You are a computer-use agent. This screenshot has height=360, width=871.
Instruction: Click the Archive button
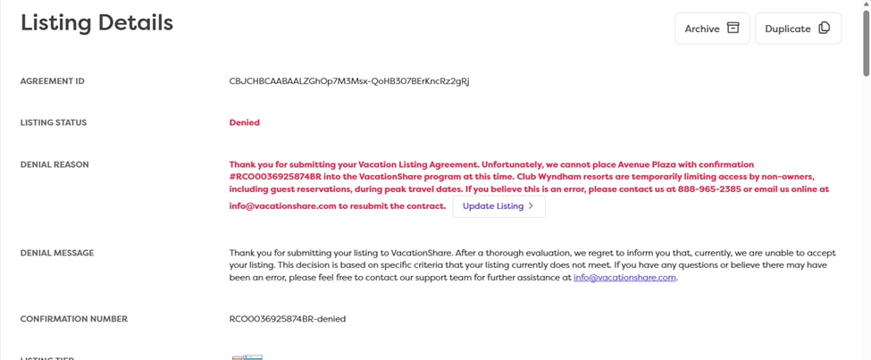click(x=711, y=29)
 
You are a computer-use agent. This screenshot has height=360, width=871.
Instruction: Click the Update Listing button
click(x=498, y=206)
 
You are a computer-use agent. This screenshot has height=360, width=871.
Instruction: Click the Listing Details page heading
click(x=96, y=23)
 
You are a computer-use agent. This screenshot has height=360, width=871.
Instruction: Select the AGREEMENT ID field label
click(x=53, y=81)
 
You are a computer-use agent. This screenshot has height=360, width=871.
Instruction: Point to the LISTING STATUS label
click(x=54, y=123)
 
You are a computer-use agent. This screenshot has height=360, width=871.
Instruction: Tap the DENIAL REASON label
click(x=54, y=164)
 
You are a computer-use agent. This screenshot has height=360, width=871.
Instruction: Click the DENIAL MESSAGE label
click(x=56, y=253)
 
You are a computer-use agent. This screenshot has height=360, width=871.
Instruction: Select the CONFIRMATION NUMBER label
click(x=74, y=319)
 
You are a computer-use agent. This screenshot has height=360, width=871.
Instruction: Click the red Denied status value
click(x=244, y=123)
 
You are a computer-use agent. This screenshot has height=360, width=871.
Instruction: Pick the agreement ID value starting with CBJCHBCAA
click(x=349, y=81)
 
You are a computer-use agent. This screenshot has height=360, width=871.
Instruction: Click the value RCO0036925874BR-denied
click(x=288, y=319)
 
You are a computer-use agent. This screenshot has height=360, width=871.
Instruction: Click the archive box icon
click(x=733, y=28)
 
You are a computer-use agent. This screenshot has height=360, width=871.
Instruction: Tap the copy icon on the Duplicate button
click(x=824, y=28)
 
